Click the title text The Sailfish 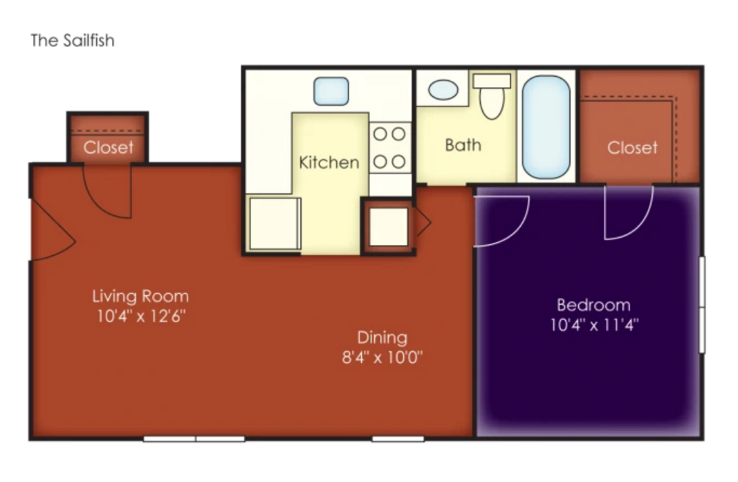(73, 41)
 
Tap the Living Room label (140, 297)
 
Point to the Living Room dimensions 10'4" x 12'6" (141, 316)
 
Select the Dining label (382, 338)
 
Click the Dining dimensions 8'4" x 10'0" (382, 358)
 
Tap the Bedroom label (593, 305)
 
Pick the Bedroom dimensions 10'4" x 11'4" (594, 325)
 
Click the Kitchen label (329, 163)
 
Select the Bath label (463, 145)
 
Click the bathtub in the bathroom (546, 127)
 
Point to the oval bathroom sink (443, 90)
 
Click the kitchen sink (331, 91)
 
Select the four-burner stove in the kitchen (389, 148)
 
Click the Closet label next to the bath (632, 148)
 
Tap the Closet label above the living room (109, 147)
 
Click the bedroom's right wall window (701, 304)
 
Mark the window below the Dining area (398, 439)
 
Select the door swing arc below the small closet (102, 201)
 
